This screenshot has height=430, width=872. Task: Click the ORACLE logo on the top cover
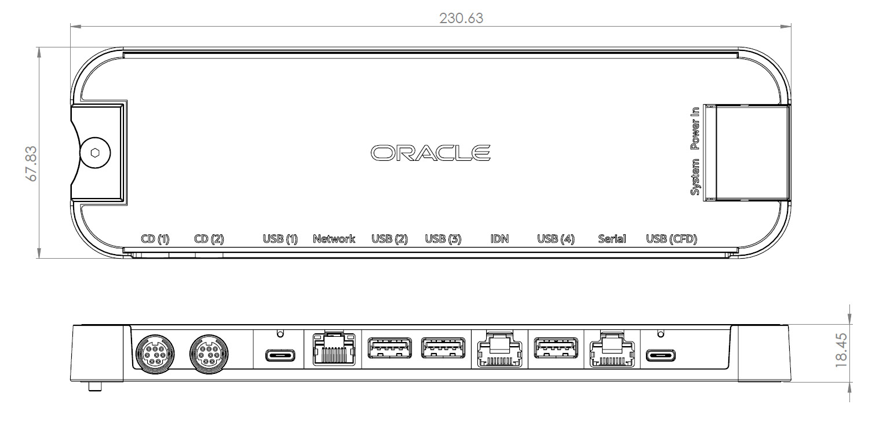pos(430,153)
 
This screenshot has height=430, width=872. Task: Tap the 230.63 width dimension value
pos(461,19)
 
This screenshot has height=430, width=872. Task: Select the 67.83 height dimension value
pos(32,164)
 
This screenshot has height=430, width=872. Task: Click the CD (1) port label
pos(155,238)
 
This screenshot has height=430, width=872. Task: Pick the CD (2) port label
pos(209,238)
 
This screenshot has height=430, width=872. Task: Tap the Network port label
pos(334,238)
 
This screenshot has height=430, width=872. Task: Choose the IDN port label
pos(499,238)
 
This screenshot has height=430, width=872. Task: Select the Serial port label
pos(612,238)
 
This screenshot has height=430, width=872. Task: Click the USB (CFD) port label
pos(672,238)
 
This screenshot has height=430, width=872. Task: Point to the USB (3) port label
pos(443,238)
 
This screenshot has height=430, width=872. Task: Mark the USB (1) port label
pos(280,238)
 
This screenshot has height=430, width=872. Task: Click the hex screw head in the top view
pos(95,153)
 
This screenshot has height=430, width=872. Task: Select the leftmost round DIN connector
pos(154,354)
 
